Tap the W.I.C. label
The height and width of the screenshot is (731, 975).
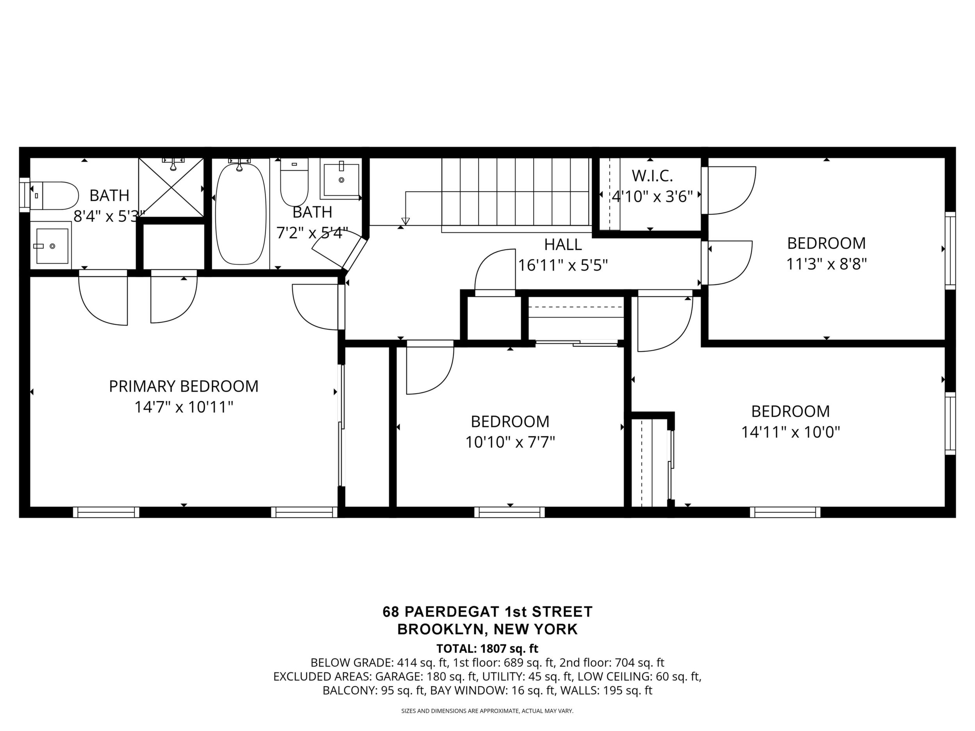652,176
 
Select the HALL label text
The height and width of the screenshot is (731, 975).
563,244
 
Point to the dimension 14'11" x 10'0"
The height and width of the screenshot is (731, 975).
790,432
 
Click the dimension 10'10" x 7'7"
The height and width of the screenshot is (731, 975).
510,442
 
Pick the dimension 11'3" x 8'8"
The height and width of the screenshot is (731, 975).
827,264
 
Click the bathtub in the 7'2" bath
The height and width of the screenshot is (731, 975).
241,214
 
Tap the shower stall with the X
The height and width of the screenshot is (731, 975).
171,187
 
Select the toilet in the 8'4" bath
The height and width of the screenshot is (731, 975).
54,196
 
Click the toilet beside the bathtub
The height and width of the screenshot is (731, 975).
294,182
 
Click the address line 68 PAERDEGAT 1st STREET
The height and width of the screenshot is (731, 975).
487,612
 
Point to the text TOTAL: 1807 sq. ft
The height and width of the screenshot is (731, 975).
487,649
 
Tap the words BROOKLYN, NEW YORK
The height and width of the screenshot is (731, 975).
487,629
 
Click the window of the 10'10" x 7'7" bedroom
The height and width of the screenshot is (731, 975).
509,512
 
